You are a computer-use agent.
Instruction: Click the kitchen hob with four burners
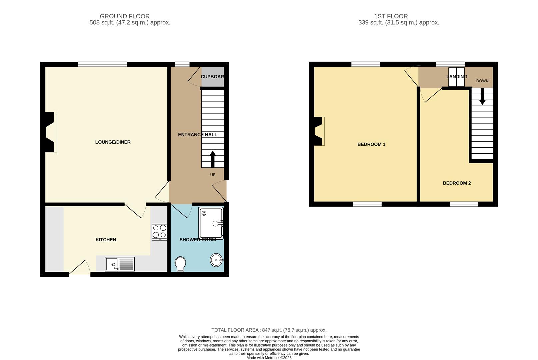click(159, 232)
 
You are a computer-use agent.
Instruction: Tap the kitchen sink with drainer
click(120, 264)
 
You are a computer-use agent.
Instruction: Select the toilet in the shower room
click(180, 263)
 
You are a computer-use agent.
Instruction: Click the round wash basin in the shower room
click(216, 260)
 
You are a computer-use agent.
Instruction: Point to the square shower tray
click(211, 223)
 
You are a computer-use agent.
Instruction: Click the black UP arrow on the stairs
click(212, 159)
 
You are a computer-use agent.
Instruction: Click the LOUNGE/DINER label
click(113, 142)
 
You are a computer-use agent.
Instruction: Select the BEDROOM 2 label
click(457, 183)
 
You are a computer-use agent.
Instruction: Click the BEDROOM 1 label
click(371, 144)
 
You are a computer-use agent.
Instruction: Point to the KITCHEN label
click(106, 240)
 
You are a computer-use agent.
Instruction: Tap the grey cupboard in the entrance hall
click(212, 77)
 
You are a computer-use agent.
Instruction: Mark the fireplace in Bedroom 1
click(319, 131)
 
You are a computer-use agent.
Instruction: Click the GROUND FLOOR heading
click(125, 16)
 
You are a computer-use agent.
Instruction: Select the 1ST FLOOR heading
click(391, 16)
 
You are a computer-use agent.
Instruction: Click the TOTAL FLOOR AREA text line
click(269, 330)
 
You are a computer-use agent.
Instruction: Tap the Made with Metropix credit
click(269, 358)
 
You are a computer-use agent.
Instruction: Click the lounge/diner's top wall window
click(102, 64)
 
